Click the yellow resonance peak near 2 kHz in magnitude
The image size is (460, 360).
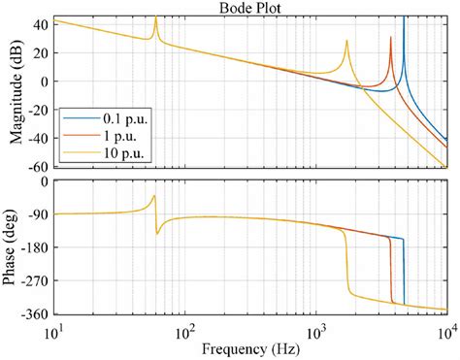pyautogui.click(x=346, y=42)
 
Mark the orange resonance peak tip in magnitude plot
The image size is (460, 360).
pyautogui.click(x=391, y=38)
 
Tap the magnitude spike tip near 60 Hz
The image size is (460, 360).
pyautogui.click(x=155, y=17)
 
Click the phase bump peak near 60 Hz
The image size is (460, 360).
pyautogui.click(x=154, y=196)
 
